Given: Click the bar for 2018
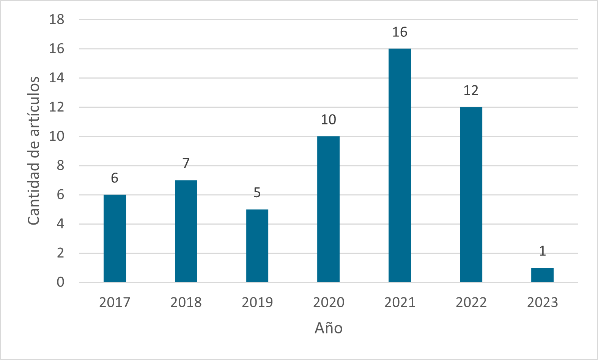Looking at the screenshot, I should coord(186,231).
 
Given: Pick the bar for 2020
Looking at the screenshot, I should coord(329,209).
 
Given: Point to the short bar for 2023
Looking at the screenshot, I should coord(542,275).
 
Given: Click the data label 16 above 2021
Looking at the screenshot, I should coord(400,32).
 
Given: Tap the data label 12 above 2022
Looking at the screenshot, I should coord(471,91).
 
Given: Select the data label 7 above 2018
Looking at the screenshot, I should coord(186,163).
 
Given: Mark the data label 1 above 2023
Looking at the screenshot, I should coord(542,251).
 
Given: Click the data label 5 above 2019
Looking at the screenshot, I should coord(257,193).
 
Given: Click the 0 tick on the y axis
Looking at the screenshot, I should coord(60,282).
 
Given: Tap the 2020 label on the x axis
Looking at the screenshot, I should coord(329,302).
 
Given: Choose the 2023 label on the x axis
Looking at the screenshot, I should coord(542,302).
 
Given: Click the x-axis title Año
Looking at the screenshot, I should coord(329,328).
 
